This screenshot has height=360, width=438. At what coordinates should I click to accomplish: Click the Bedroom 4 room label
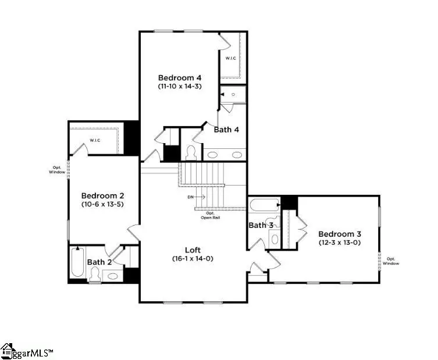[179, 77]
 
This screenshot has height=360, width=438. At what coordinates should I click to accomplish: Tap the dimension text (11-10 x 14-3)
[179, 86]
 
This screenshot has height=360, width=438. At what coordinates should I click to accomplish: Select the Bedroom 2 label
[102, 195]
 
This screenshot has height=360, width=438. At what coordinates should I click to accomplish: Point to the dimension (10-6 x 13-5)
[102, 205]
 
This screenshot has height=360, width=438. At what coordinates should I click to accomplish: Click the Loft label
[193, 249]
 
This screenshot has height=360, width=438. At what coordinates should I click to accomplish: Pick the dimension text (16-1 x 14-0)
[193, 258]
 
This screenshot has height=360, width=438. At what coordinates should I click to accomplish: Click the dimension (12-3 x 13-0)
[339, 242]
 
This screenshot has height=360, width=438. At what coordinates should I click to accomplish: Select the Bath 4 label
[226, 130]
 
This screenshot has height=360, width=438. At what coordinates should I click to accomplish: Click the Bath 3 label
[261, 225]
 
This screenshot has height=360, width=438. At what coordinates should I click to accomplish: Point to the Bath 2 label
[100, 262]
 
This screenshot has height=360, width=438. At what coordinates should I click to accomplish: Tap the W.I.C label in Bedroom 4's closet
[231, 58]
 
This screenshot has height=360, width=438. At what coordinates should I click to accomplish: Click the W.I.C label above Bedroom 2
[97, 140]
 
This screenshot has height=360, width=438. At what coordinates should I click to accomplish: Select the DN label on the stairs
[190, 197]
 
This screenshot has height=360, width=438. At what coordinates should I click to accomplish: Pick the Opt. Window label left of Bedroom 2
[57, 170]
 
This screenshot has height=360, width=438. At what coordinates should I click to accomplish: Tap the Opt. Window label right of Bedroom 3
[390, 261]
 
